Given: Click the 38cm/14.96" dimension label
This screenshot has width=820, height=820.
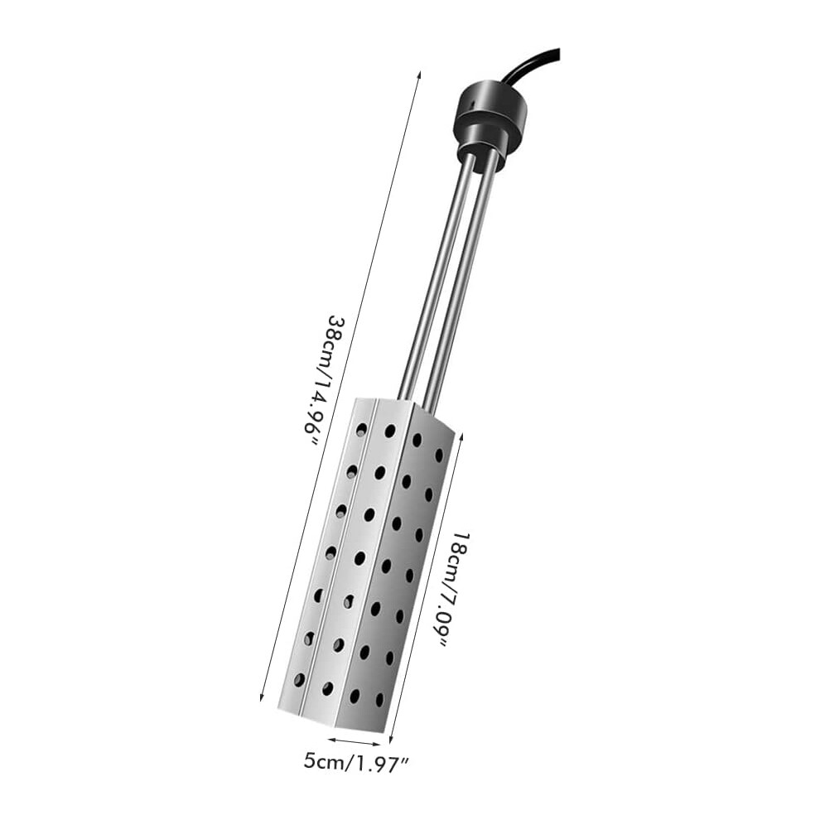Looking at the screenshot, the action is (323, 381).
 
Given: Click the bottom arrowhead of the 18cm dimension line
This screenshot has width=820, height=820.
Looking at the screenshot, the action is (391, 739).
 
